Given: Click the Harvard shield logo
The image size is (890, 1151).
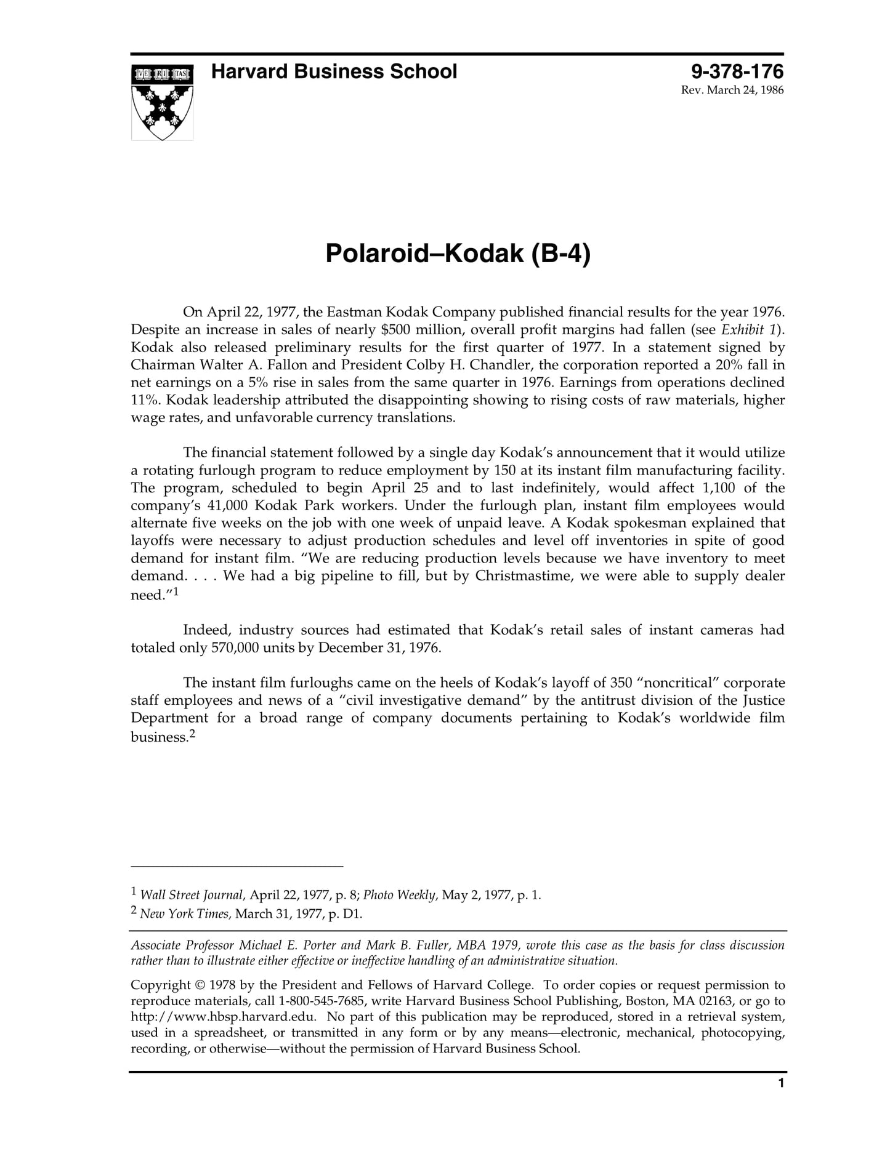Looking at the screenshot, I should point(162,102).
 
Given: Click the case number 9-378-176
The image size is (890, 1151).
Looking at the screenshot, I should point(737,72).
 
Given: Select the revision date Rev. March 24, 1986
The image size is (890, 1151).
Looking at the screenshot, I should point(732,90).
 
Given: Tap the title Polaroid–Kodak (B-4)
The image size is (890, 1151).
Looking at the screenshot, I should point(457,253).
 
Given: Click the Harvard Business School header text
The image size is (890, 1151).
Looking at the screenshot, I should point(334,72).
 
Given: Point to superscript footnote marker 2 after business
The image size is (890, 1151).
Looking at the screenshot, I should point(192,734).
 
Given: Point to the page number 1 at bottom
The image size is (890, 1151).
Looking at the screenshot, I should point(781,1083).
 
